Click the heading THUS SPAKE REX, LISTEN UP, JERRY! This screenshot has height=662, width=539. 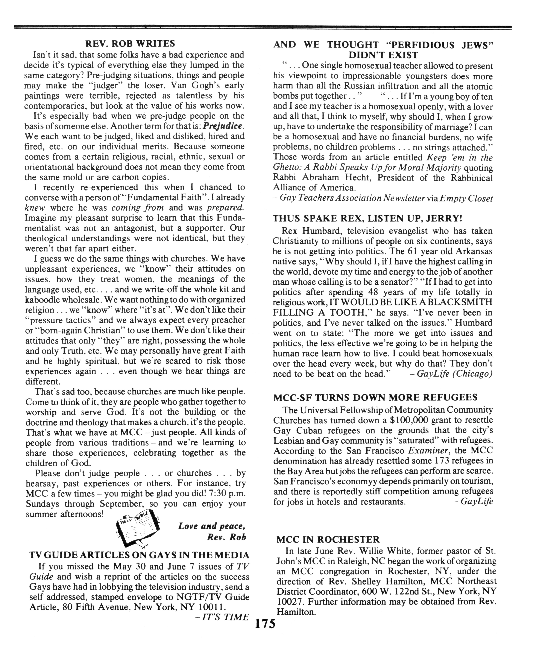(x=368, y=218)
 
